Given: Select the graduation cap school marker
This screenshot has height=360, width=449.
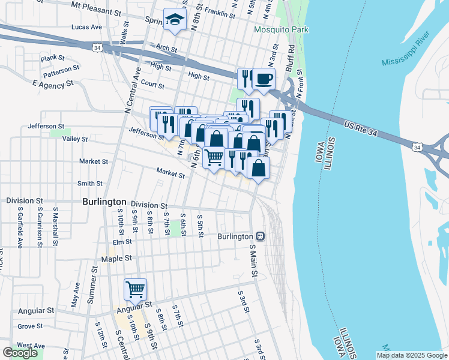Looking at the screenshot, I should [x=175, y=20].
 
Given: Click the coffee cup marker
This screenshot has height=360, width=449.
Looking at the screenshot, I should [x=263, y=79].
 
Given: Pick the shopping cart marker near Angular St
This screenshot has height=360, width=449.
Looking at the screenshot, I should [x=136, y=289].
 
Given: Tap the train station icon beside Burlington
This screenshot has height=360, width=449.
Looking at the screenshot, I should [x=260, y=236].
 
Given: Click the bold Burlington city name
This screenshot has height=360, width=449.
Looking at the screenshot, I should [x=104, y=202].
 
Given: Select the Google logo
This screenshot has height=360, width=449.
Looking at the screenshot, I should [x=20, y=353].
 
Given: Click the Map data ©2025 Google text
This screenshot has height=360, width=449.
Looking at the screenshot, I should [x=412, y=355].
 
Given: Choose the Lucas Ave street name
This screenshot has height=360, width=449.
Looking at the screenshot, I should [x=86, y=27].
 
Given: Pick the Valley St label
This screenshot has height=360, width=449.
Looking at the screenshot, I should [x=76, y=139].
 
